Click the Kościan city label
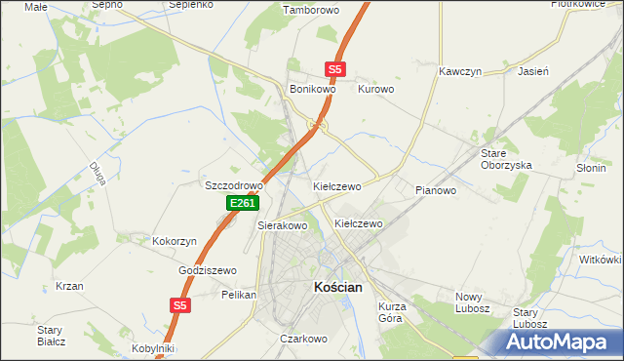(x=337, y=288)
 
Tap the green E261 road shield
(x=243, y=203)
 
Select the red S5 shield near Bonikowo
(x=335, y=69)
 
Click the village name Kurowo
(x=376, y=89)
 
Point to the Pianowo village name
(x=436, y=190)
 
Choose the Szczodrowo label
(x=234, y=185)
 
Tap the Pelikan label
(x=239, y=294)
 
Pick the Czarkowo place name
(x=302, y=339)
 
